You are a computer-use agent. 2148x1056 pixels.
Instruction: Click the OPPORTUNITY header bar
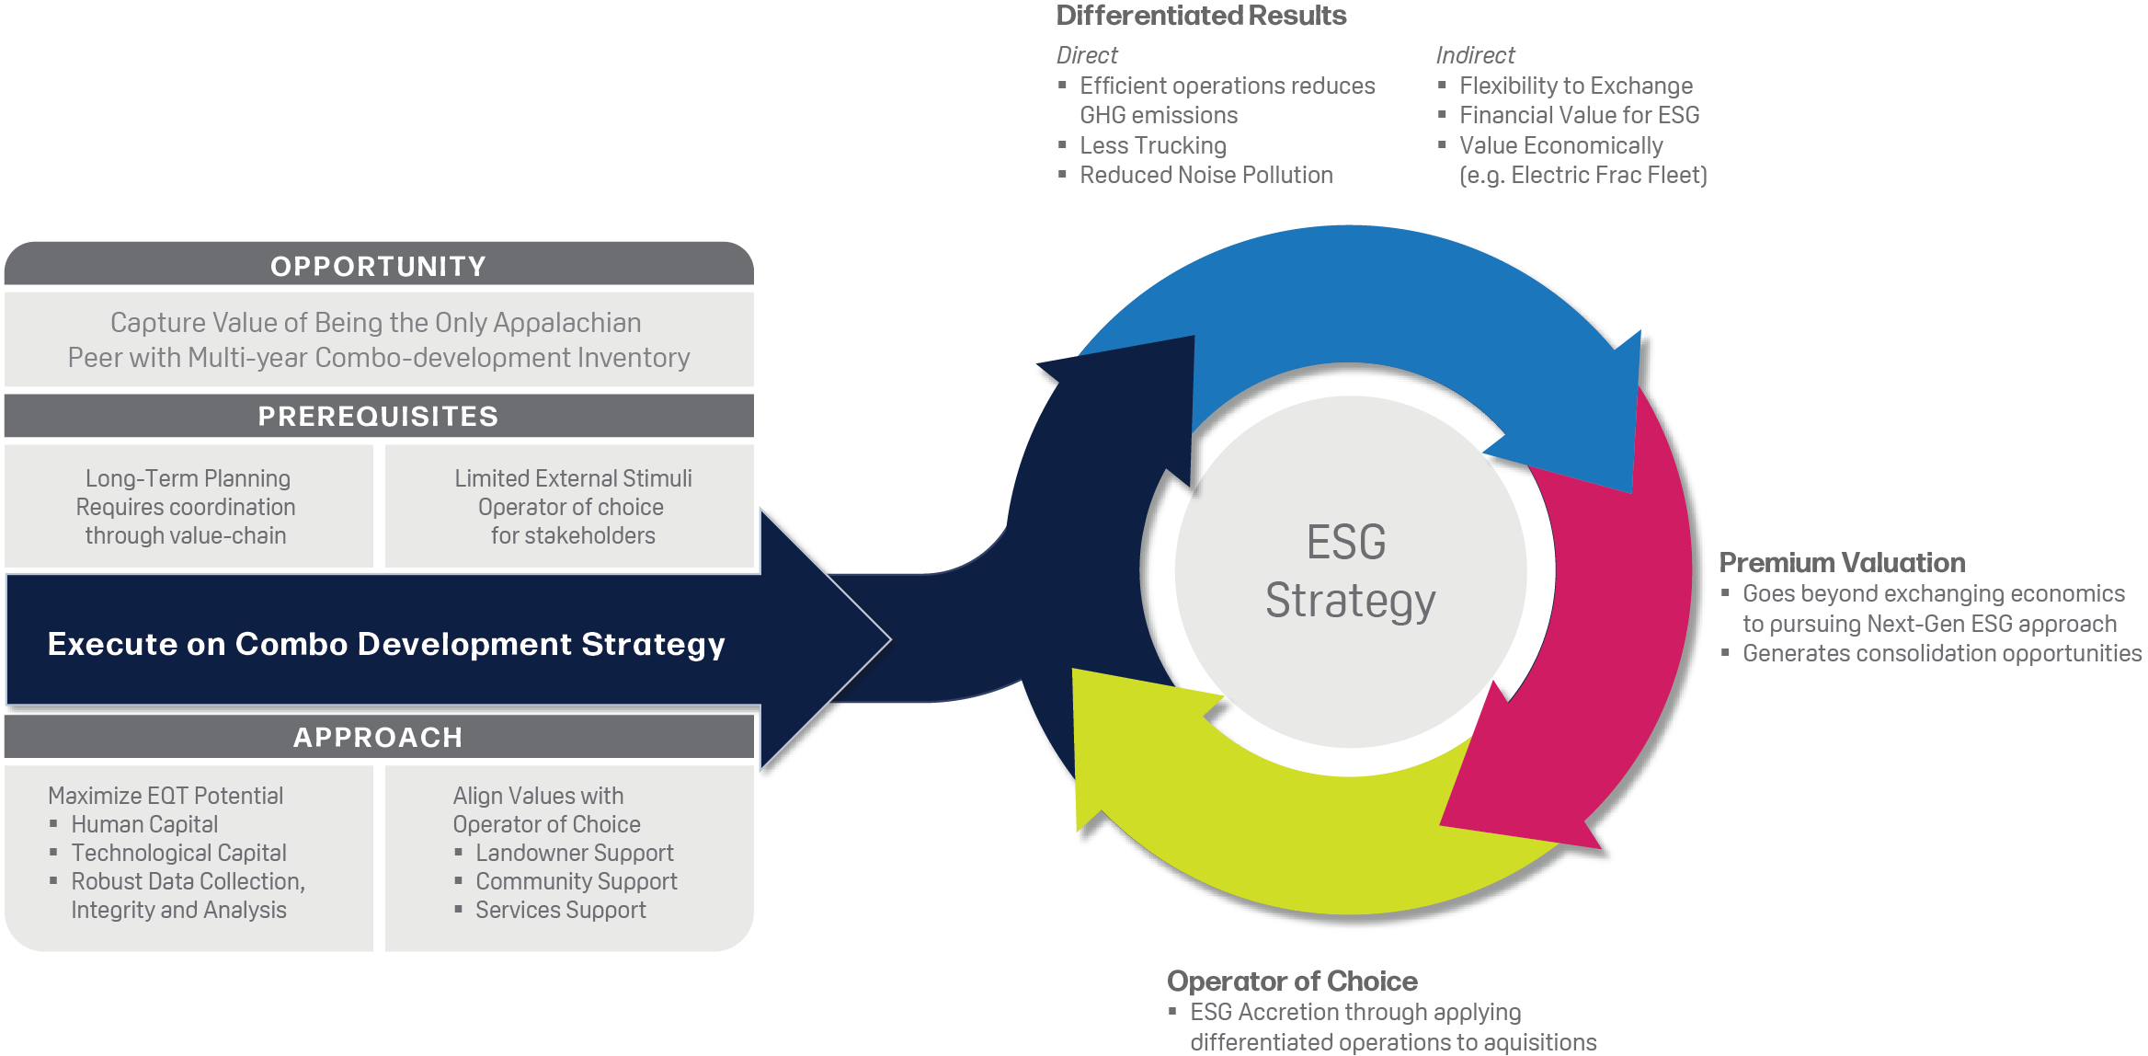pos(379,265)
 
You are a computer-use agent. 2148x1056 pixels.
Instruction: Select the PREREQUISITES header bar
pos(379,416)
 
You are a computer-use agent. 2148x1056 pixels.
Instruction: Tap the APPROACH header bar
pos(379,737)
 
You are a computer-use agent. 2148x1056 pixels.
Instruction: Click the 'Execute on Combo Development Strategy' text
pos(386,644)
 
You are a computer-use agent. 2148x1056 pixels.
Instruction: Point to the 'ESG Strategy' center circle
pos(1351,571)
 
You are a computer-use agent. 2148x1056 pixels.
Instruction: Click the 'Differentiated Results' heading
pos(1201,16)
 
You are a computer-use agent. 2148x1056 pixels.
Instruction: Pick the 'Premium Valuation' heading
pos(1842,562)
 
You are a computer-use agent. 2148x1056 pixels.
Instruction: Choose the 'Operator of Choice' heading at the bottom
pos(1292,981)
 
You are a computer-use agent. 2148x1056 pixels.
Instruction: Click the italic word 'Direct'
pos(1087,55)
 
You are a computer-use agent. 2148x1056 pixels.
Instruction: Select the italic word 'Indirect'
pos(1475,55)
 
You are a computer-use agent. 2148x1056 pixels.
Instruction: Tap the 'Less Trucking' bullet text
pos(1153,145)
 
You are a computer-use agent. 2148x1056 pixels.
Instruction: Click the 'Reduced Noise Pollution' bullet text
pos(1206,175)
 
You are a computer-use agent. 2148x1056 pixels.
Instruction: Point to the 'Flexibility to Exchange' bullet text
pos(1576,86)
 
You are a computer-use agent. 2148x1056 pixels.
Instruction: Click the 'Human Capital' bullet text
pos(144,824)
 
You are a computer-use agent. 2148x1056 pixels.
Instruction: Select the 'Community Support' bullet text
pos(577,881)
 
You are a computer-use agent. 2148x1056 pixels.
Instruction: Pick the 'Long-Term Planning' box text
pos(188,478)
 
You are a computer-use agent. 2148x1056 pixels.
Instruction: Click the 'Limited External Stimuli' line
pos(573,478)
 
